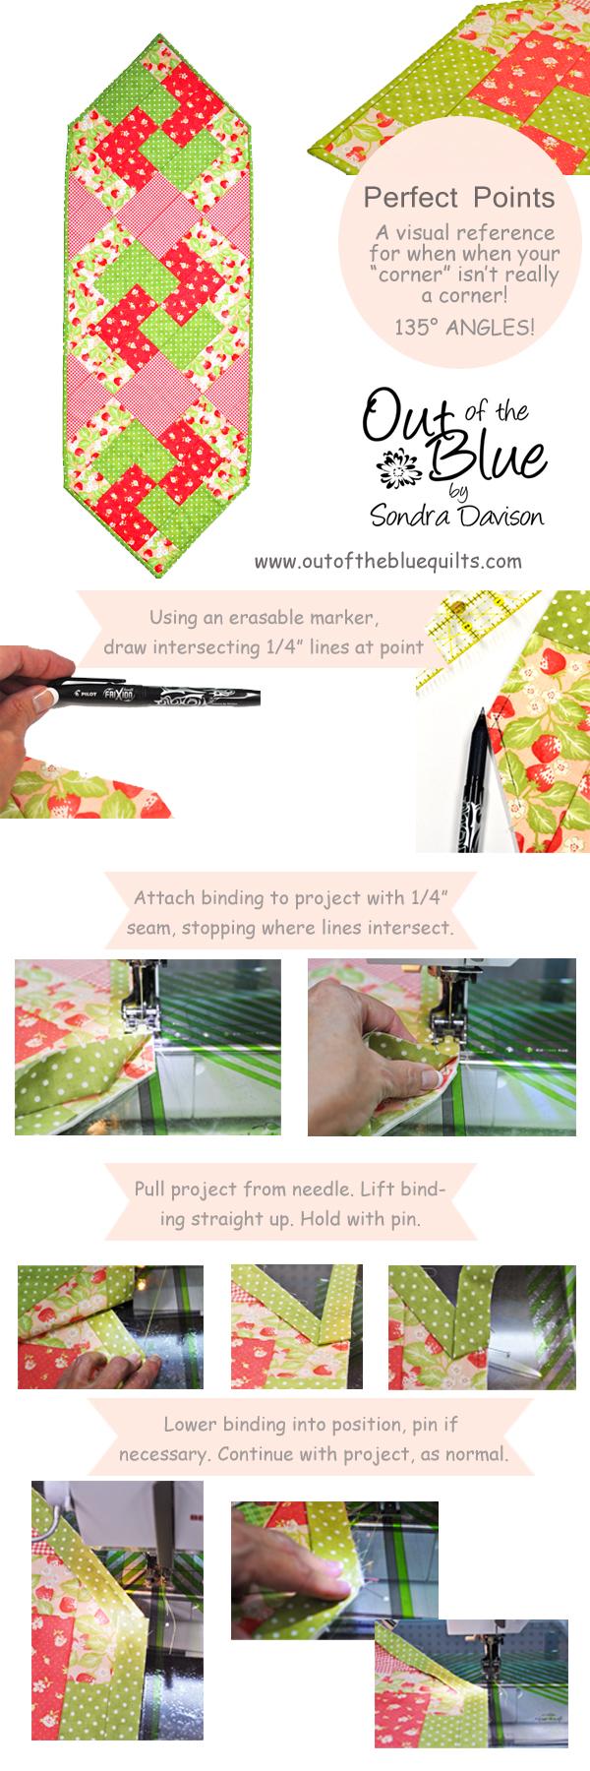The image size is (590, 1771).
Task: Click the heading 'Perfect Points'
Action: (459, 198)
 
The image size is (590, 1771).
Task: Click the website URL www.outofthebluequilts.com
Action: (386, 562)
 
